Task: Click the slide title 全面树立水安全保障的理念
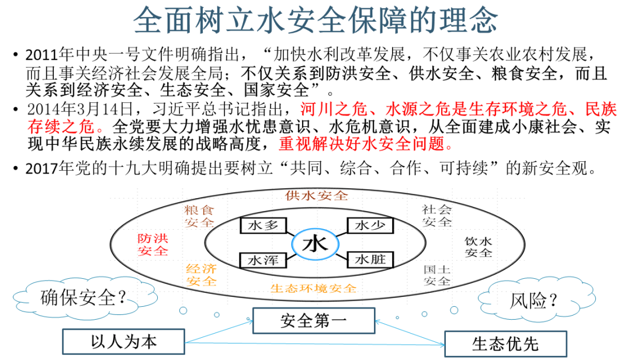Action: point(315,20)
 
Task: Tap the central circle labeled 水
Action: point(315,244)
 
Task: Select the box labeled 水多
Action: point(263,226)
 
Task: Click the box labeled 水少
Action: point(370,226)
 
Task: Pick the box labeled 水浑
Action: point(263,260)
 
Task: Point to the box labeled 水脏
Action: point(370,259)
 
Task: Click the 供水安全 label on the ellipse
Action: point(317,196)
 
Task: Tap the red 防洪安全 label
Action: point(152,245)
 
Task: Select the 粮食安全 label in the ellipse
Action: point(199,216)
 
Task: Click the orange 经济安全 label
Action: point(201,275)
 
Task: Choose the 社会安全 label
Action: point(436,216)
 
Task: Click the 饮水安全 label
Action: point(478,247)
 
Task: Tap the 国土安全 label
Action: point(436,275)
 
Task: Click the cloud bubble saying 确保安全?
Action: point(84,297)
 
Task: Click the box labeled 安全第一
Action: point(314,321)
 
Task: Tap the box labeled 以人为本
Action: point(123,341)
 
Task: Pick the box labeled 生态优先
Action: point(505,344)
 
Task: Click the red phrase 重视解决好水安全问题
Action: point(366,144)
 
